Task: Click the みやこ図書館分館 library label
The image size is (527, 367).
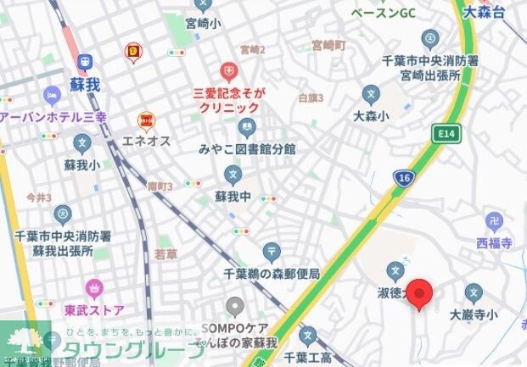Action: (x=247, y=149)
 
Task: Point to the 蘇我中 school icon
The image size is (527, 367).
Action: (x=233, y=175)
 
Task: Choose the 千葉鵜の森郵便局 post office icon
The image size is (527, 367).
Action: (x=272, y=252)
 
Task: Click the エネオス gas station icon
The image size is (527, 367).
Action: (x=147, y=121)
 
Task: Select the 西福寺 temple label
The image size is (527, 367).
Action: (x=494, y=242)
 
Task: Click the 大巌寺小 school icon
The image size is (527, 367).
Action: (x=474, y=293)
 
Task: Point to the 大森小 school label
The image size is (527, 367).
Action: (x=371, y=115)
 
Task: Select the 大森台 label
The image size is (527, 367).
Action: (x=485, y=13)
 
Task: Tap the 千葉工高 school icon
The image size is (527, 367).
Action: (x=309, y=336)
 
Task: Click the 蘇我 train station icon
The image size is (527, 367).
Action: (x=85, y=62)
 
